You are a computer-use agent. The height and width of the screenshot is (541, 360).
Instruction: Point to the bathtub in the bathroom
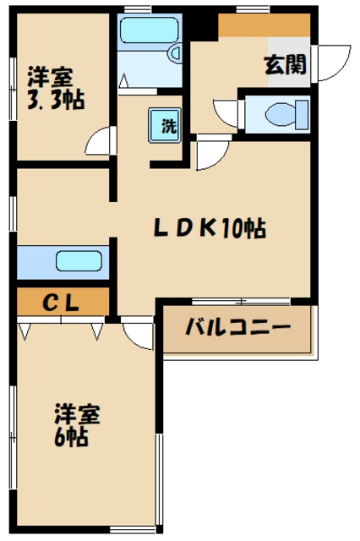149,31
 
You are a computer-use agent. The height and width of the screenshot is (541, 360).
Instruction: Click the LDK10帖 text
210,227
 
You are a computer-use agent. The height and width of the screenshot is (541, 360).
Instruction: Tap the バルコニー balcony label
237,327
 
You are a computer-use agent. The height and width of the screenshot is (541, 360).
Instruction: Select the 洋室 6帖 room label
78,425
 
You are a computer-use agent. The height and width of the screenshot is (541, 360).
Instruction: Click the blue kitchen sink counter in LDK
63,261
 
